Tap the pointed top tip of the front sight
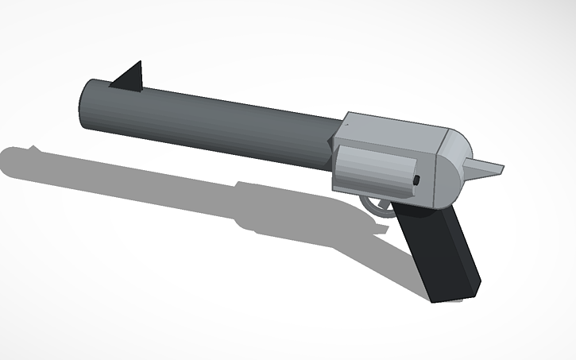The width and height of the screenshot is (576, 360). [141, 62]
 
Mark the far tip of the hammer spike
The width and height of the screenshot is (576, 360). [503, 167]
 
